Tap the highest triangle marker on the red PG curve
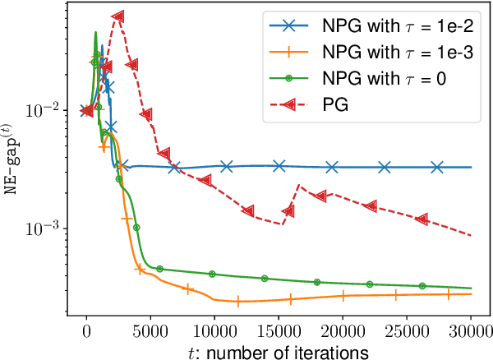point(118,16)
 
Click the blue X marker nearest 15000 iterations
point(279,166)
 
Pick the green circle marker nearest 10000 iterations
point(212,274)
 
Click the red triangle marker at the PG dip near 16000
point(288,211)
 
